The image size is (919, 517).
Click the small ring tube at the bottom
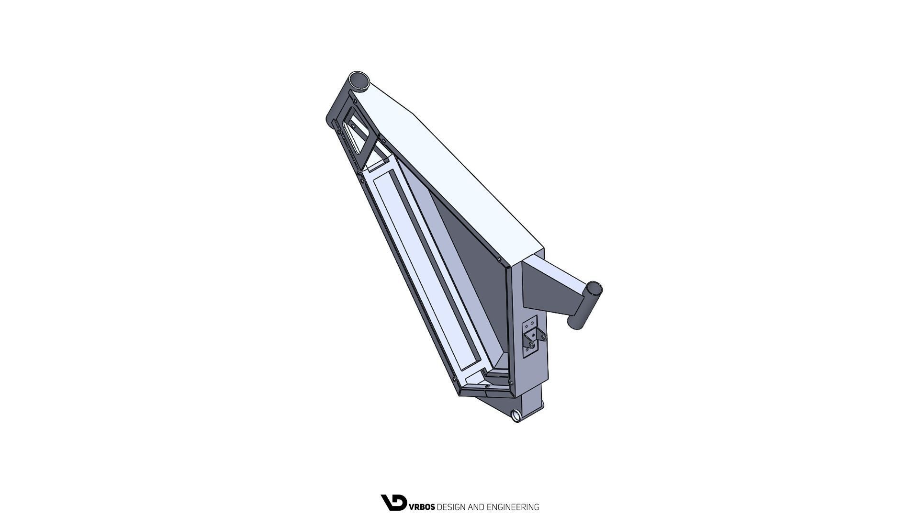[516, 416]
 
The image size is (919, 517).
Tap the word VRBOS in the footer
[422, 507]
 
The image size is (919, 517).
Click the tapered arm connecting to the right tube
[550, 287]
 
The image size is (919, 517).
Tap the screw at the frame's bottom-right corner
[511, 382]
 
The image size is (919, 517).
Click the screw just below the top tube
[355, 101]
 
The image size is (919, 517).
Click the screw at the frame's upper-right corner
[499, 259]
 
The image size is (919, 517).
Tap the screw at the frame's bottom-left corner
[454, 379]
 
